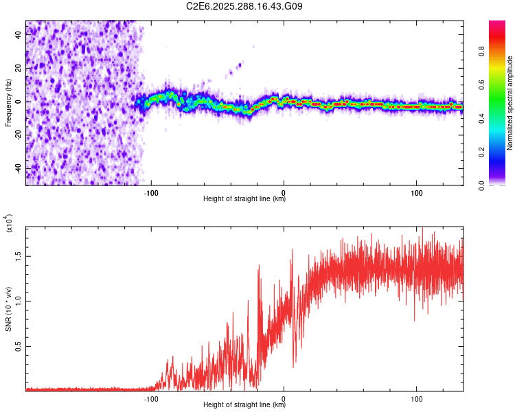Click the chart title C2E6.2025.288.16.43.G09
coord(244,7)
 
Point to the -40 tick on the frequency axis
coord(18,168)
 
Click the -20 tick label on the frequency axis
coord(18,135)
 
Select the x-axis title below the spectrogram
coord(244,198)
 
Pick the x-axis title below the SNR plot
coord(244,404)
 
